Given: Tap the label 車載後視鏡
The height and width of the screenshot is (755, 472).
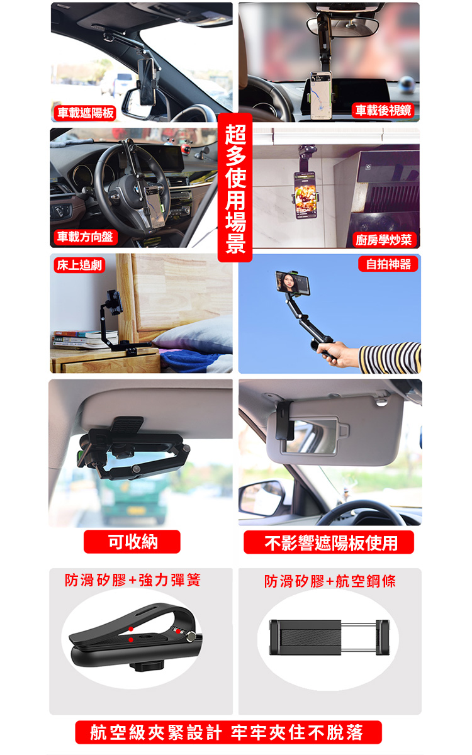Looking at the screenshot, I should (x=383, y=110).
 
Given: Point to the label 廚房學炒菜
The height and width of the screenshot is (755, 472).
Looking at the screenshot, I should (x=383, y=240).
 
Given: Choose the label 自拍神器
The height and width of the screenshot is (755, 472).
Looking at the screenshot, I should (x=388, y=264).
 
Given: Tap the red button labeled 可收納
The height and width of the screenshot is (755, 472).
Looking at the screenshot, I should (x=132, y=542).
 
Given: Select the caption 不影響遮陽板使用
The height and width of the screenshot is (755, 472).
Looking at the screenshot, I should (x=329, y=542).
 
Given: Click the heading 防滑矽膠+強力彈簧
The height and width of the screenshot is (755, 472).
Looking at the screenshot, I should (x=133, y=580).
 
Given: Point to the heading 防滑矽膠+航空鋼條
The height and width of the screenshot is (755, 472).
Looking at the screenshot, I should (x=330, y=581).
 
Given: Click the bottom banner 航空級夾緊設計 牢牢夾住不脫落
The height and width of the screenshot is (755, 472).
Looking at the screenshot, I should (x=228, y=732).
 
